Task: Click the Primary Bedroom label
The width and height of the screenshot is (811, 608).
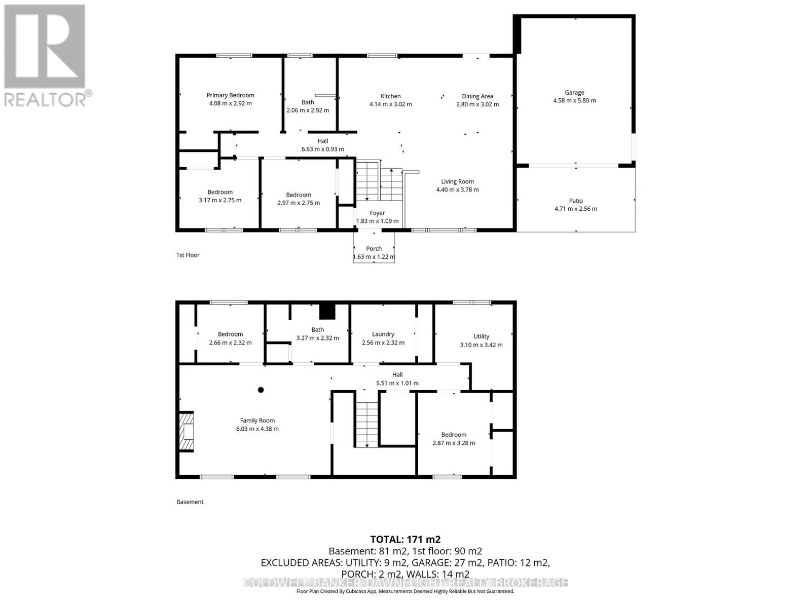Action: point(230,95)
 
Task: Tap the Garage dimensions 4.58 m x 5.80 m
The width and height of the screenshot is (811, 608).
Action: point(574,101)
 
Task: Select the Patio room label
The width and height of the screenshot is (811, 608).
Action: point(576,201)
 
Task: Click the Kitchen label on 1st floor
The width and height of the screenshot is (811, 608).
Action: point(390,96)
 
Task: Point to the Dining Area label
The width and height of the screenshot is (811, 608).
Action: point(477,96)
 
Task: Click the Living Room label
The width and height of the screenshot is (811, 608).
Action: point(457,181)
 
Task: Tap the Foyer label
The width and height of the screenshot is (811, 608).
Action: point(377,213)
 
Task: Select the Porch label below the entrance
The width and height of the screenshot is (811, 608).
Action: point(374,248)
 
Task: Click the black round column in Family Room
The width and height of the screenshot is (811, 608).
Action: point(261,390)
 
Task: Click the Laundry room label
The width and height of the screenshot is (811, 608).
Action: point(383,334)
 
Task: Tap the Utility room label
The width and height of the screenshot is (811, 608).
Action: point(481,336)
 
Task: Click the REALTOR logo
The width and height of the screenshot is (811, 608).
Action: point(47,56)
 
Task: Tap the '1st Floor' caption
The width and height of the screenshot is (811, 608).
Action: point(188,255)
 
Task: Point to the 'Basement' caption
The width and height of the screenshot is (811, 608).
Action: point(190,502)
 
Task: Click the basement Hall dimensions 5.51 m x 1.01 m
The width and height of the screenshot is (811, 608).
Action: point(397,384)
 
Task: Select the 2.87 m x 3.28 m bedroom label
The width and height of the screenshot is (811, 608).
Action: point(454,443)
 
